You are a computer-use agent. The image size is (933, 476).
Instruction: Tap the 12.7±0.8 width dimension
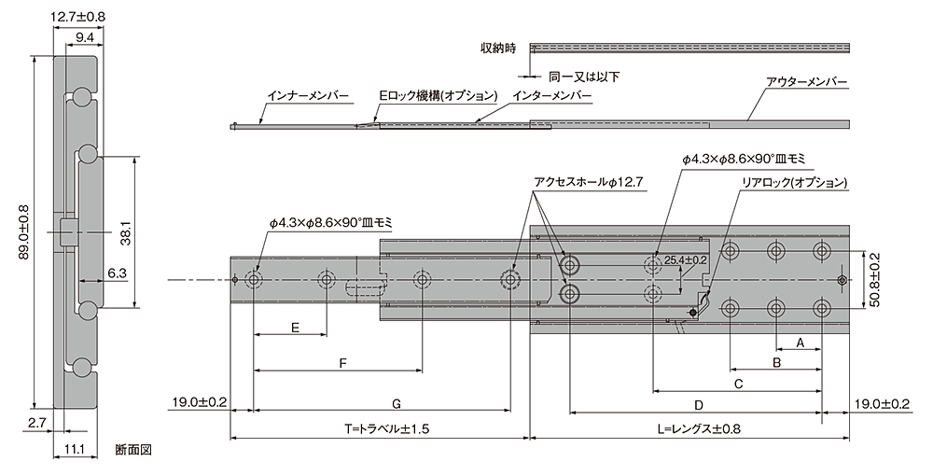point(78,17)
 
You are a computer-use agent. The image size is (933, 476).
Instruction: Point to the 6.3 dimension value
point(118,273)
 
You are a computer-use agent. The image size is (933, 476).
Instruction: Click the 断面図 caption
point(132,451)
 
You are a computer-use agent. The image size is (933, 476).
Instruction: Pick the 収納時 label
point(497,47)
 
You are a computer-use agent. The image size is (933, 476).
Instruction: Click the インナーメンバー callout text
point(307,95)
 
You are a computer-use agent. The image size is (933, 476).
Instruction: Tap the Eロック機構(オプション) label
point(438,95)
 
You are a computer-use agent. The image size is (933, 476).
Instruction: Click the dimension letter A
point(800,343)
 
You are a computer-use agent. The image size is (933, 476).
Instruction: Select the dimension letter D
point(699,405)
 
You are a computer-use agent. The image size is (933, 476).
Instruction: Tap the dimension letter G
point(397,405)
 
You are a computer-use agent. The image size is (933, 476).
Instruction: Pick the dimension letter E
point(295,328)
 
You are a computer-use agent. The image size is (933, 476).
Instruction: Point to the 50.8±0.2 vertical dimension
point(874,280)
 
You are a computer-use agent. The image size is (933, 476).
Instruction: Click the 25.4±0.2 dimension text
point(685,260)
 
